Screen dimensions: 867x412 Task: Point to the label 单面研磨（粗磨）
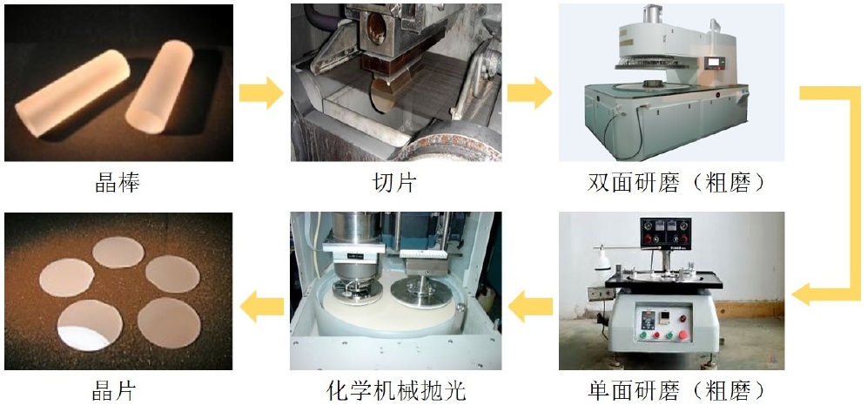coord(677,391)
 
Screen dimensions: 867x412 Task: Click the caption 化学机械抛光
coord(396,391)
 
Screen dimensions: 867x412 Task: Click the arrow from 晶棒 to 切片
coord(261,93)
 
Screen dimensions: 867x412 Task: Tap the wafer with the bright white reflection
coord(90,325)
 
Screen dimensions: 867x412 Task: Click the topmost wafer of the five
coord(118,253)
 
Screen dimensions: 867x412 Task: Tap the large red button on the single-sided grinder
coord(683,334)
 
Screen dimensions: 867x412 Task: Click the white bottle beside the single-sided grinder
coord(603,260)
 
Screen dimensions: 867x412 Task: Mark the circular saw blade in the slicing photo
coord(383,98)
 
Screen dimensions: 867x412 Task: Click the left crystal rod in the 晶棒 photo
coord(72,93)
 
